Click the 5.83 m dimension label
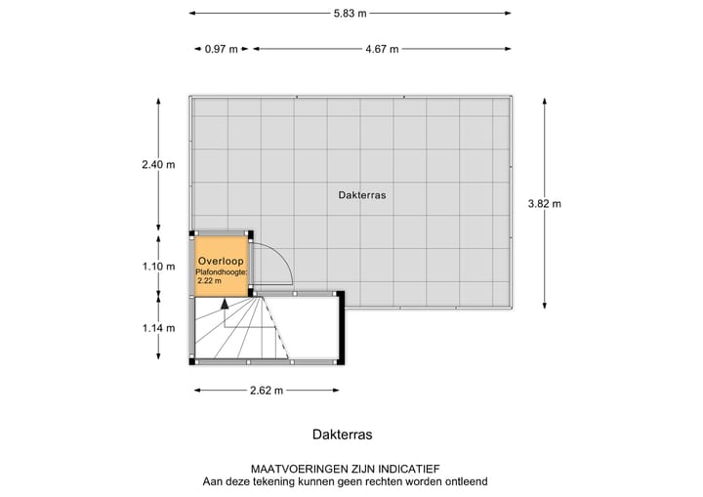350,13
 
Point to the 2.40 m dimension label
158,165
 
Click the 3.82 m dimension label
545,204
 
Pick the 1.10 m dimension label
158,266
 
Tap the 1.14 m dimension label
158,327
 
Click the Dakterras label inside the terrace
362,195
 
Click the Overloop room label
221,262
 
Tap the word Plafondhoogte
223,272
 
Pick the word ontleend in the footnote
464,481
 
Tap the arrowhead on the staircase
225,304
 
